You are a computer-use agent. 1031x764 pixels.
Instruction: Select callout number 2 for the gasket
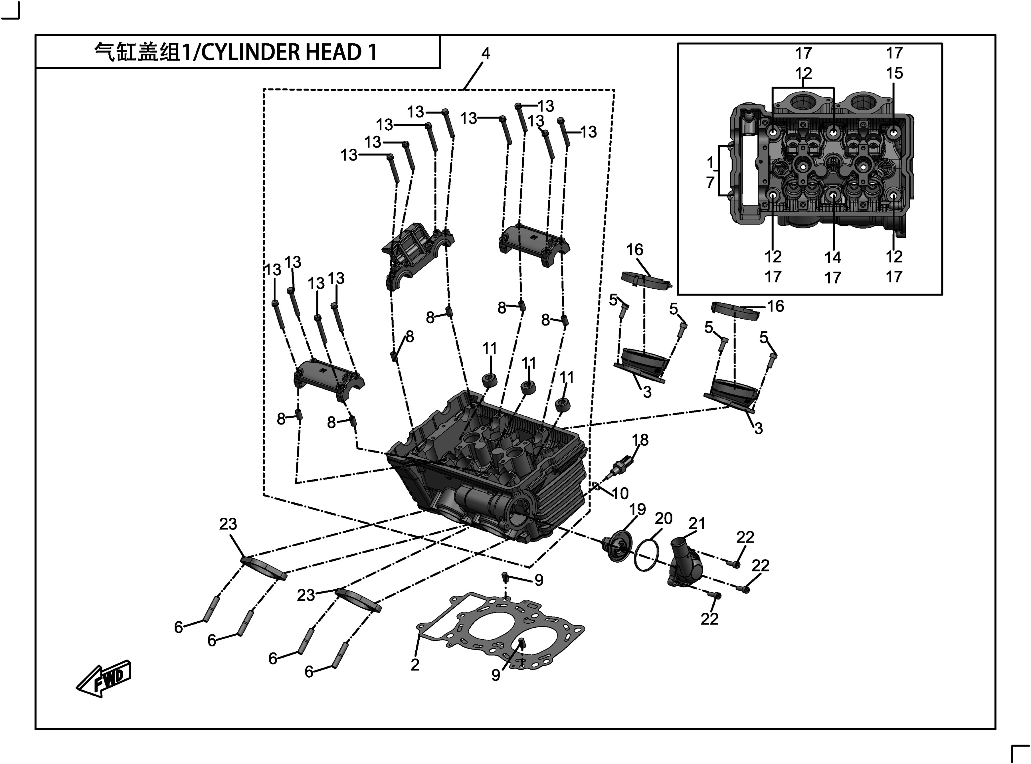[415, 664]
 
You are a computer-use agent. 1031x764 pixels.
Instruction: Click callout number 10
[620, 494]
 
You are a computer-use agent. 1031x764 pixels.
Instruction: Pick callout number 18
[640, 440]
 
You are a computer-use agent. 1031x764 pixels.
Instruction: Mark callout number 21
[697, 524]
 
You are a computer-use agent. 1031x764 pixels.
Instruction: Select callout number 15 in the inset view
[894, 73]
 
